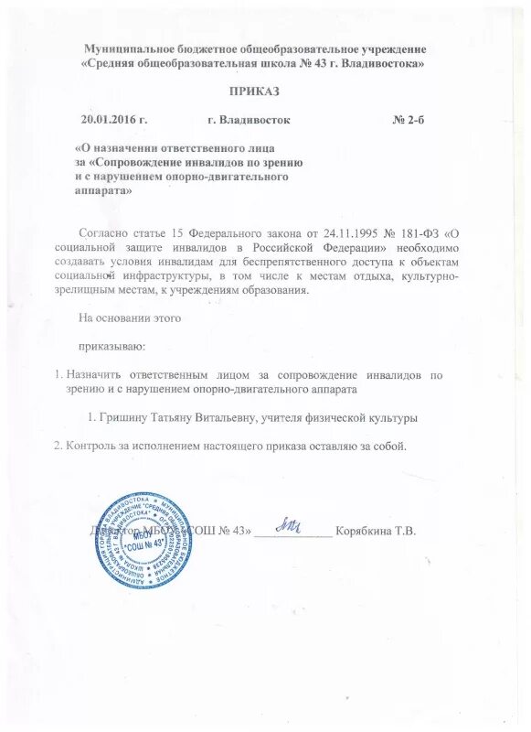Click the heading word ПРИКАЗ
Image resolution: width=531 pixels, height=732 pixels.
tap(255, 91)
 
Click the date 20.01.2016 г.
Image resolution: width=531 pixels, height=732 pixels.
tap(114, 120)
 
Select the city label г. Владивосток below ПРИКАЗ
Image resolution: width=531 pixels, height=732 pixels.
tap(250, 120)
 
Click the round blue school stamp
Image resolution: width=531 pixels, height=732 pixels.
tap(148, 539)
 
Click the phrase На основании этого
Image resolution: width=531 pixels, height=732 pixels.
tap(122, 319)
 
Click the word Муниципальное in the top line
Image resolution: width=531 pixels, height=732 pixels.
tap(129, 48)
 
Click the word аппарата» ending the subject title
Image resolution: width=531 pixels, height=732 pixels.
tap(102, 191)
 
